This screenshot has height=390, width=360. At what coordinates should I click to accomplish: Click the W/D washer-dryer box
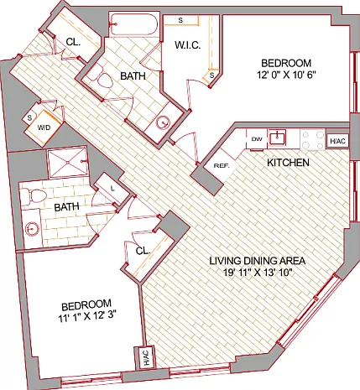click(x=43, y=128)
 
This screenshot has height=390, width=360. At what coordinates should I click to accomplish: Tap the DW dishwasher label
click(x=257, y=139)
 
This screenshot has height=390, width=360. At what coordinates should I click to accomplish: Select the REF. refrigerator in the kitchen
click(x=221, y=165)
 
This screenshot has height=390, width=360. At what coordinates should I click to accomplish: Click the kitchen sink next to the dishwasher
click(x=277, y=138)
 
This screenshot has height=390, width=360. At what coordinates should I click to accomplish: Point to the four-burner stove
click(x=313, y=139)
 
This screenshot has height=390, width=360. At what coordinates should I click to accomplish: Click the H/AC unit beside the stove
click(x=337, y=142)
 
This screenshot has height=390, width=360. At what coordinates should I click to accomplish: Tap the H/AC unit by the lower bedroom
click(x=146, y=358)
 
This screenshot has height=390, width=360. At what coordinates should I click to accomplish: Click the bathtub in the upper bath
click(x=133, y=24)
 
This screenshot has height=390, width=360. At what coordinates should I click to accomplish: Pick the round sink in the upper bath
click(x=163, y=122)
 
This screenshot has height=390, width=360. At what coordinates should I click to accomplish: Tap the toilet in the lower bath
click(x=33, y=196)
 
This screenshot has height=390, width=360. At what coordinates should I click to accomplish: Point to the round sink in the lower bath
click(x=31, y=229)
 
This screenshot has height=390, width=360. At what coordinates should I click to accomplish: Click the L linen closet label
click(x=112, y=189)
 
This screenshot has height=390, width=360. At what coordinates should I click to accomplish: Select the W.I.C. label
click(x=188, y=45)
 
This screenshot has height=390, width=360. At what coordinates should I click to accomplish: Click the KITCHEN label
click(x=288, y=163)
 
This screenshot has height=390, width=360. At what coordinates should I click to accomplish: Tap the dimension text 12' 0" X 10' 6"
click(x=286, y=75)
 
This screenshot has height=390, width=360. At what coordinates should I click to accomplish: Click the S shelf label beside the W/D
click(x=29, y=118)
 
